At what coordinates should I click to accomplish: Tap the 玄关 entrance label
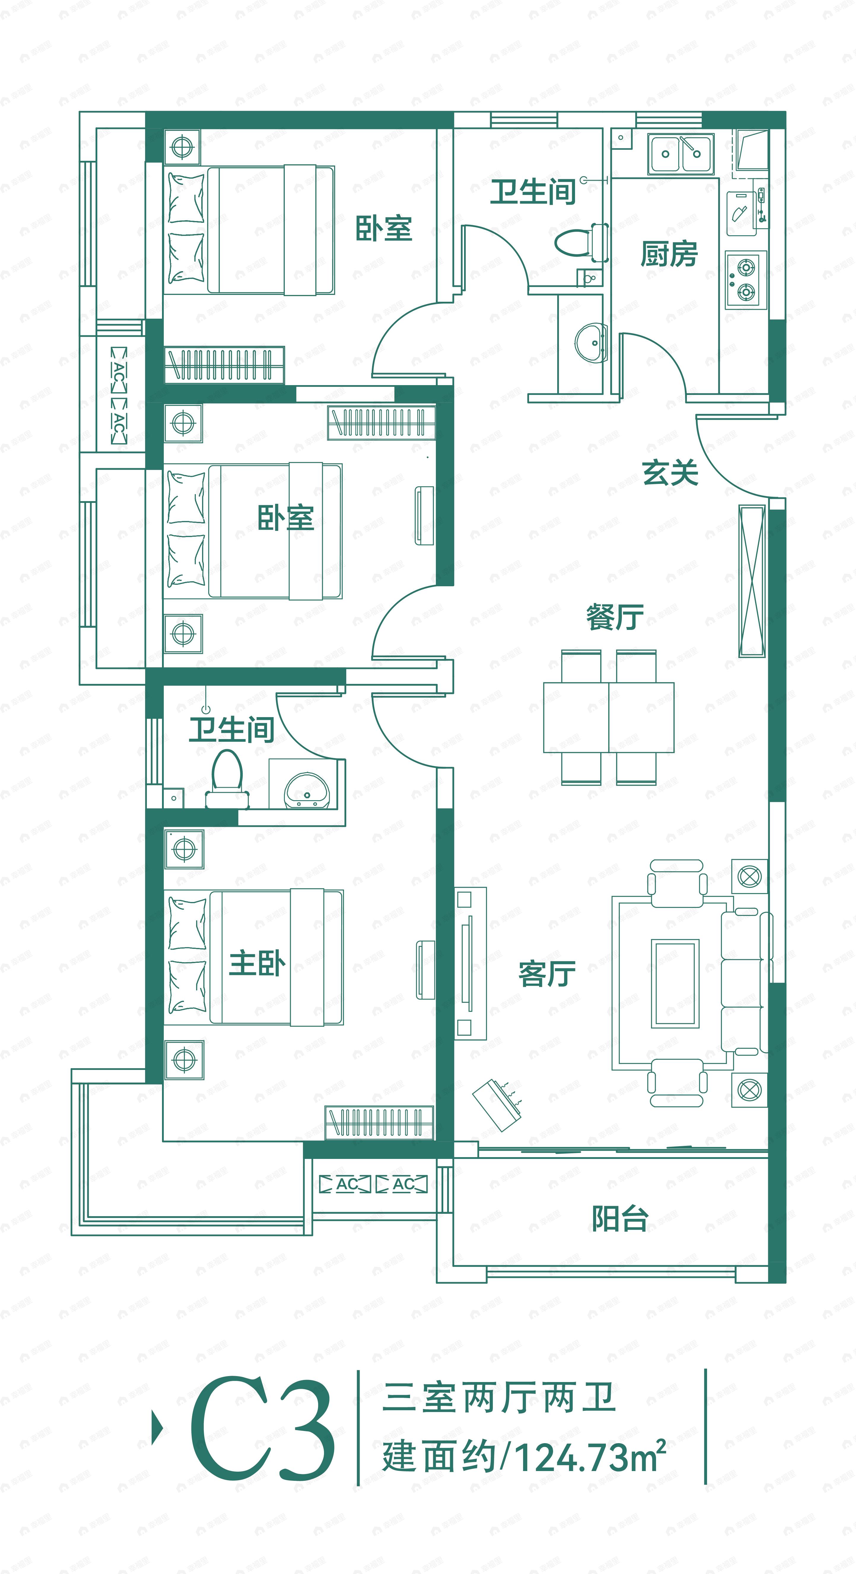670,472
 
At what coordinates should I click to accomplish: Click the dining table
609,717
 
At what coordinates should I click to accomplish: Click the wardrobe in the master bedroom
379,1123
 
